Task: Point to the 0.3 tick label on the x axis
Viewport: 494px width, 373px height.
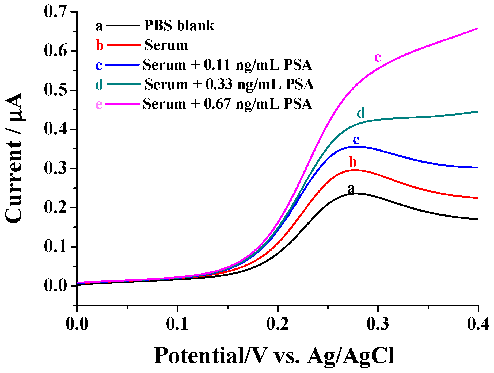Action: point(378,324)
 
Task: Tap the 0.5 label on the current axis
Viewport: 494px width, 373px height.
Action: point(55,90)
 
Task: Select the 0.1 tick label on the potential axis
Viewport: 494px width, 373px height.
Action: point(177,324)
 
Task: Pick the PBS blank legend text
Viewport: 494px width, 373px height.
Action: point(179,26)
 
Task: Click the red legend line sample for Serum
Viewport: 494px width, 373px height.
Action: point(124,45)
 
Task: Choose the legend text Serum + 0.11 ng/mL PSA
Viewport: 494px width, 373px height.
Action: point(227,65)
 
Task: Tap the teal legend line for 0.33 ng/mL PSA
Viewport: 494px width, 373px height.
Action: point(124,84)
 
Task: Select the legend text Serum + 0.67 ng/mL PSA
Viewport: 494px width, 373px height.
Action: point(227,104)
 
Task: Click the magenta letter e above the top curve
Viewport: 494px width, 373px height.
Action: point(378,57)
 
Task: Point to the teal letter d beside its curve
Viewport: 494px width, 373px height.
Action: point(361,113)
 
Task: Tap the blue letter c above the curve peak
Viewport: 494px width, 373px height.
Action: point(356,140)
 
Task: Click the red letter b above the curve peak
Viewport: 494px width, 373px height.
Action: point(353,162)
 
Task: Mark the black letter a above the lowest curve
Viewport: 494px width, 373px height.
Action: point(351,189)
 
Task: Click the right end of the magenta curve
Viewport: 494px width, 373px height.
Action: point(477,29)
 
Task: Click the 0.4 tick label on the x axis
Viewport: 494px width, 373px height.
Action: point(478,324)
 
